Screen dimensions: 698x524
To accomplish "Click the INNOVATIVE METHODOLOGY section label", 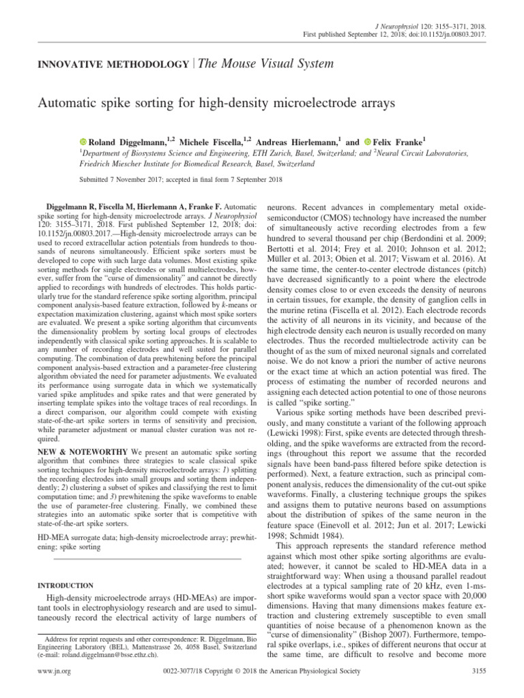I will [113, 64].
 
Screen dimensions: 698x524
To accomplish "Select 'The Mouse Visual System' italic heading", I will [256, 63].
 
